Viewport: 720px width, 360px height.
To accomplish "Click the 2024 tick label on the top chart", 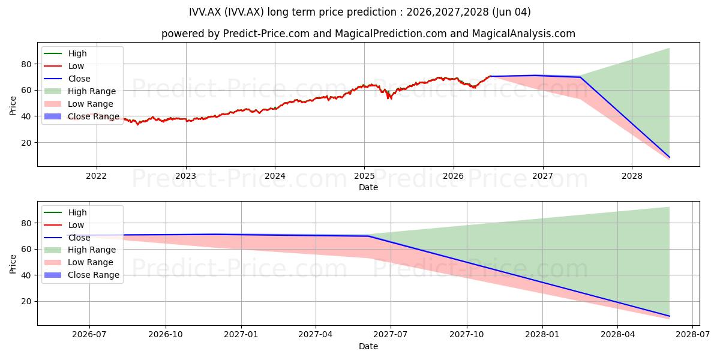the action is click(x=275, y=176).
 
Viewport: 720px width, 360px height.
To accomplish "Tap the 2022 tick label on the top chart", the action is click(x=97, y=176).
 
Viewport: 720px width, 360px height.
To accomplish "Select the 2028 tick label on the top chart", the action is click(x=632, y=176).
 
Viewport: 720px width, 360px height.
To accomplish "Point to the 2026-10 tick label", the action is click(x=166, y=335).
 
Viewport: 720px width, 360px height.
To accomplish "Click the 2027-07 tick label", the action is click(x=390, y=335).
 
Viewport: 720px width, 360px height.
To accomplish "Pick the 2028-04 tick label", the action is click(x=617, y=335).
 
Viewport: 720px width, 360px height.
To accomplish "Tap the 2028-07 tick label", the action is click(x=692, y=335).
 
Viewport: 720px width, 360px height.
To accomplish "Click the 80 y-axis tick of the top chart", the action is click(x=26, y=64).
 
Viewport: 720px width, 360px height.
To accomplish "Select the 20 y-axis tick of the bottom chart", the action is click(x=26, y=301).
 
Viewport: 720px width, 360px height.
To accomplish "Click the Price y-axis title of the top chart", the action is click(x=13, y=106).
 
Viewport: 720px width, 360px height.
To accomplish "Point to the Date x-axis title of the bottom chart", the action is click(x=368, y=346).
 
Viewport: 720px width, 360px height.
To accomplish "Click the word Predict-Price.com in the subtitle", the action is click(x=266, y=34).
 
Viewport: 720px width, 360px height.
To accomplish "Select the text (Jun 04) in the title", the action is click(x=511, y=12).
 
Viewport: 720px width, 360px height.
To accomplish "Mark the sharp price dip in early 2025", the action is click(x=390, y=97).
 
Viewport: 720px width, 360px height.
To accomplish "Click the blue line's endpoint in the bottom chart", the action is click(x=669, y=316).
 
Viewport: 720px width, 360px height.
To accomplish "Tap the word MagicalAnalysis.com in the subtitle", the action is click(x=524, y=34).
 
